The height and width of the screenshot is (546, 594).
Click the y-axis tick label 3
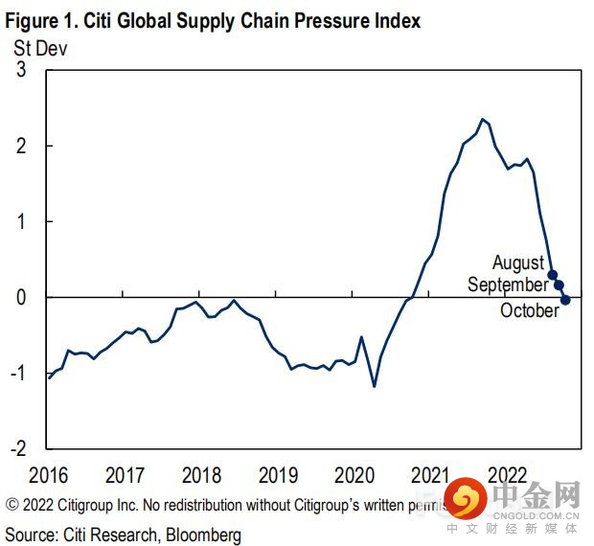[20, 70]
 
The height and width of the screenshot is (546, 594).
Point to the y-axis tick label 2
[20, 146]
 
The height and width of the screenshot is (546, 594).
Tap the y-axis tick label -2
[16, 447]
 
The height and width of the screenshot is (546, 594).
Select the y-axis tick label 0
[20, 297]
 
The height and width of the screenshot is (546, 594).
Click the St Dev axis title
[41, 45]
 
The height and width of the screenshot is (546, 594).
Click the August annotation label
[517, 262]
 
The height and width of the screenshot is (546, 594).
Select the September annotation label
[508, 284]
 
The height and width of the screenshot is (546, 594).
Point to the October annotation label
[529, 310]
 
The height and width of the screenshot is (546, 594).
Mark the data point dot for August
[552, 275]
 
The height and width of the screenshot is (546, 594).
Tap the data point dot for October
[565, 300]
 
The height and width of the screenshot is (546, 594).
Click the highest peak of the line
[482, 120]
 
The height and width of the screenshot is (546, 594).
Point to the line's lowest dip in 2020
[374, 386]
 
